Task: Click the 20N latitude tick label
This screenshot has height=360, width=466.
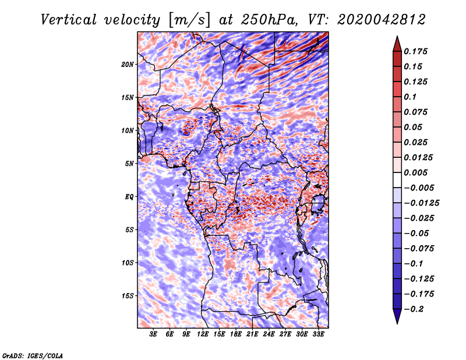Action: pos(128,64)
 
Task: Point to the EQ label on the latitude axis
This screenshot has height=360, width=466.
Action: pos(129,197)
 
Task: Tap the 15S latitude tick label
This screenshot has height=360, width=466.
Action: pos(128,296)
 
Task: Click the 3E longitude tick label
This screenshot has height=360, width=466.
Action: pos(154,334)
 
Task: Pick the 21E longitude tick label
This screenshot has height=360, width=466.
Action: pos(252,334)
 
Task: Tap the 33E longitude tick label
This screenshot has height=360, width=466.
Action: pos(318,334)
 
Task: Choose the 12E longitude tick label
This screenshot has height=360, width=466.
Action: pos(203,334)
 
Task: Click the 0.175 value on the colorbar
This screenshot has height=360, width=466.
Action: pos(417,51)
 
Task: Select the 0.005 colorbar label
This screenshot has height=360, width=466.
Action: pos(417,172)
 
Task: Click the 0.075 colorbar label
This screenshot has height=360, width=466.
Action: pos(417,112)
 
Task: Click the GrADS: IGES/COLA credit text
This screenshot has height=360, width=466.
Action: pos(32,355)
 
